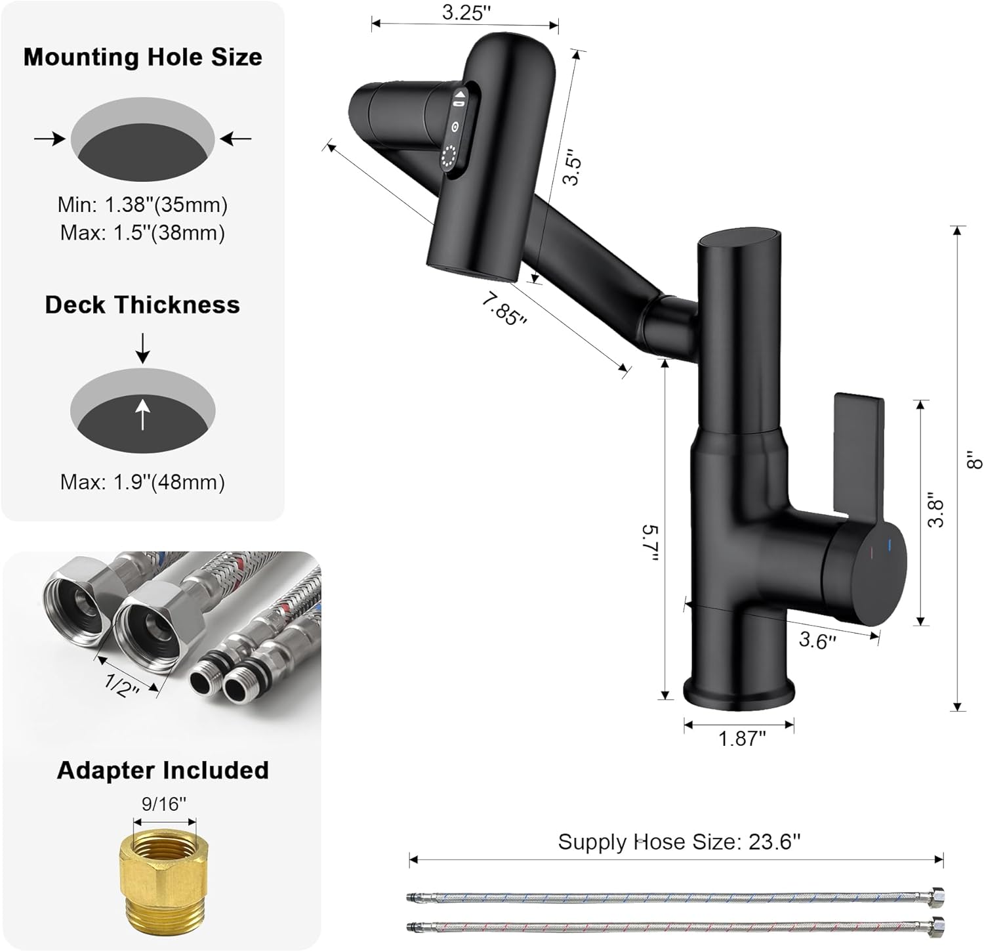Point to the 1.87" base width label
[x=741, y=739]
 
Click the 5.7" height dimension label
[x=649, y=542]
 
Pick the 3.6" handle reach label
[x=817, y=640]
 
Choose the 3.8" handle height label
[x=936, y=512]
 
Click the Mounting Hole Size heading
[x=142, y=57]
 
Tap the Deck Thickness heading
[x=142, y=305]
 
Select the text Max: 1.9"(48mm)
[x=142, y=483]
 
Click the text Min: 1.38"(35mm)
[x=142, y=205]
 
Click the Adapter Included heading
[x=163, y=770]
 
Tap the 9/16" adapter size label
[x=164, y=804]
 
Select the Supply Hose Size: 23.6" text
[x=679, y=842]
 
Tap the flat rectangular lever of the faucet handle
[x=858, y=446]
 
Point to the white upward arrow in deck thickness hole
[x=142, y=415]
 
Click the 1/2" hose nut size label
[x=122, y=687]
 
